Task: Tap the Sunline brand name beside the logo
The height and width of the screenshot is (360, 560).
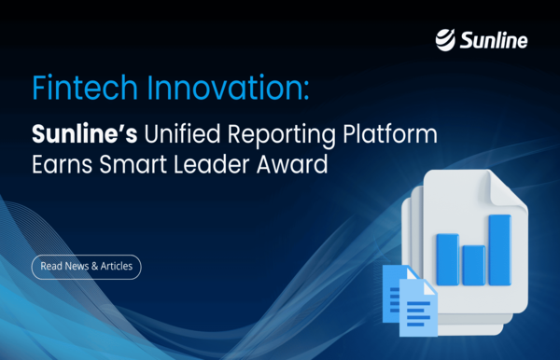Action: click(x=496, y=40)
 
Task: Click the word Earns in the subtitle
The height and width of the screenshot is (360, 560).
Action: click(x=60, y=168)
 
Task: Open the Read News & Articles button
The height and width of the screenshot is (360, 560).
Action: click(x=87, y=266)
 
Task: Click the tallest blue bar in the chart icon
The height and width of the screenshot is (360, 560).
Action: click(x=499, y=249)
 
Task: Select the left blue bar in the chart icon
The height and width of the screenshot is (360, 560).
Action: click(x=447, y=259)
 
